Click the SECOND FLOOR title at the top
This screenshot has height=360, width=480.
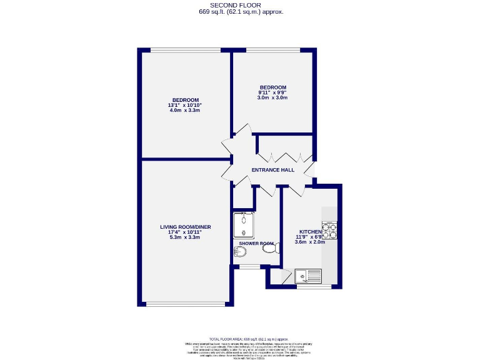pyautogui.click(x=240, y=5)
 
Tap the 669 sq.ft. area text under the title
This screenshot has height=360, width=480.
pyautogui.click(x=240, y=12)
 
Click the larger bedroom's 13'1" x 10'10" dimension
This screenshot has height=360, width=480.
pyautogui.click(x=185, y=106)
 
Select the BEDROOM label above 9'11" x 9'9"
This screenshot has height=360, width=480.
pyautogui.click(x=272, y=87)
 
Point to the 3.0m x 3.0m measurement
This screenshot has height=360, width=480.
pyautogui.click(x=272, y=98)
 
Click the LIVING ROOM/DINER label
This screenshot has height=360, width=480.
pyautogui.click(x=185, y=226)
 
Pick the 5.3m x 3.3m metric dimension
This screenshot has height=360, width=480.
pyautogui.click(x=185, y=237)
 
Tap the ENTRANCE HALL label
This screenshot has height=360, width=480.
pyautogui.click(x=272, y=170)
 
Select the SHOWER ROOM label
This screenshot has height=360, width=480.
pyautogui.click(x=256, y=243)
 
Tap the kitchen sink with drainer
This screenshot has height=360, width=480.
pyautogui.click(x=307, y=274)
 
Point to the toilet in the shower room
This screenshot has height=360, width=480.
pyautogui.click(x=269, y=249)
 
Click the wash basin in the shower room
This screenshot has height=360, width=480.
pyautogui.click(x=239, y=252)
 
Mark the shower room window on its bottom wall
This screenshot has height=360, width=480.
pyautogui.click(x=250, y=267)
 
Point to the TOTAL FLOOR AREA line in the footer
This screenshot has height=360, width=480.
pyautogui.click(x=240, y=337)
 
